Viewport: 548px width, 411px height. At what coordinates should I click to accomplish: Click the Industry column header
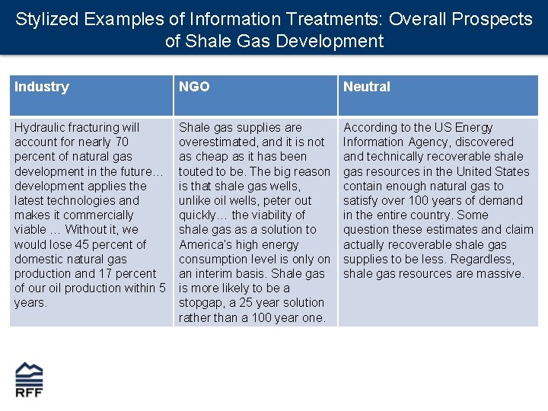[42, 87]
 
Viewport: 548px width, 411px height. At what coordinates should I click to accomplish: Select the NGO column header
[194, 87]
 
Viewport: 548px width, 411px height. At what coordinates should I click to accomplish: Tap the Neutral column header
[366, 87]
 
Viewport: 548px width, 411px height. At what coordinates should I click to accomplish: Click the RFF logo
[29, 379]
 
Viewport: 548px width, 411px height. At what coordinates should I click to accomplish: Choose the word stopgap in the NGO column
[202, 302]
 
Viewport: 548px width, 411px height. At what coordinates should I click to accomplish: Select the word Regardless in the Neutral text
[479, 259]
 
